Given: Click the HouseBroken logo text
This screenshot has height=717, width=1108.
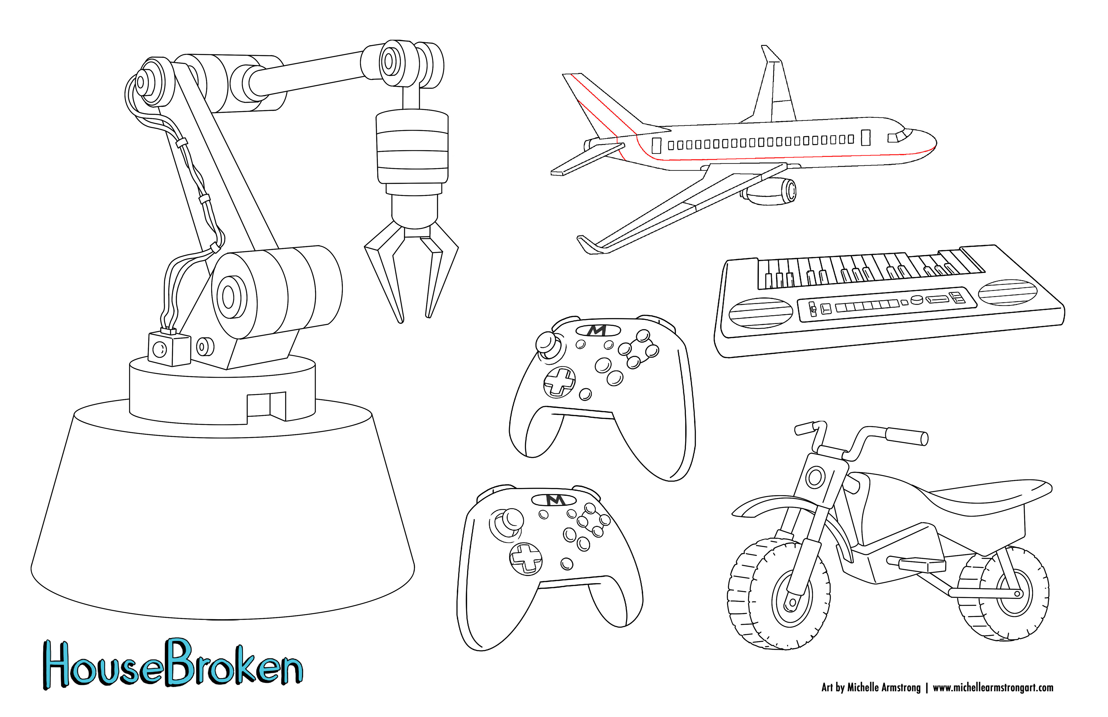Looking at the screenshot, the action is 172,666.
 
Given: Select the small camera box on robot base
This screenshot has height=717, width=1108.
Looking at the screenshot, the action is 169,349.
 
